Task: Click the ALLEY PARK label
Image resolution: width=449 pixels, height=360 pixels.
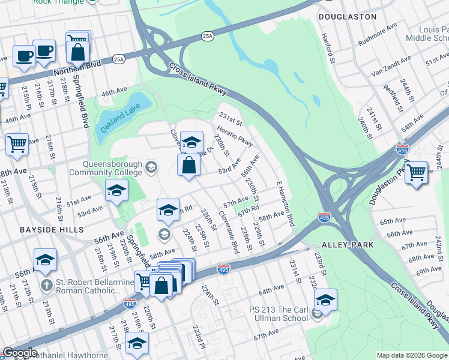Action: (348, 245)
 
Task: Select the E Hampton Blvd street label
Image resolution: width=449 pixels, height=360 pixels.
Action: (286, 203)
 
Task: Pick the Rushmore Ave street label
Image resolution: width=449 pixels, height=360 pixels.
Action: (378, 35)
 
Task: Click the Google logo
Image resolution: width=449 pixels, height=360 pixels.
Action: (20, 353)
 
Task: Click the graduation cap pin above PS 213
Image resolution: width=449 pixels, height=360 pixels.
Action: (325, 299)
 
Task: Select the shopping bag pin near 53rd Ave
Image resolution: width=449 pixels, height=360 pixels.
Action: (188, 165)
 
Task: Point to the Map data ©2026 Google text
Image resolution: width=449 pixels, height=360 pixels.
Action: (412, 355)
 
